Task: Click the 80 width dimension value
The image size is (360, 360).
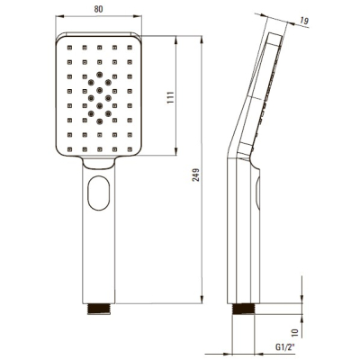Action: [x=98, y=9]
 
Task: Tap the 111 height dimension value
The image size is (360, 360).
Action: [x=170, y=97]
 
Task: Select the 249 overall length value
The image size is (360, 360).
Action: [x=195, y=175]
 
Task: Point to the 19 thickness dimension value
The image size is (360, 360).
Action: [x=303, y=21]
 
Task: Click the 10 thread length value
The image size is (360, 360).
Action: [x=295, y=332]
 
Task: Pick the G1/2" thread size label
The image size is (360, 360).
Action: [x=285, y=347]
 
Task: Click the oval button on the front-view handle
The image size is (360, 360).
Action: [x=99, y=193]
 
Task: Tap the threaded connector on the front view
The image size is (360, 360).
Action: [x=99, y=309]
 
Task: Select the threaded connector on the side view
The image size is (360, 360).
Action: [x=243, y=309]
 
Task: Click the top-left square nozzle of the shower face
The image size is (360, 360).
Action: [x=69, y=48]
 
